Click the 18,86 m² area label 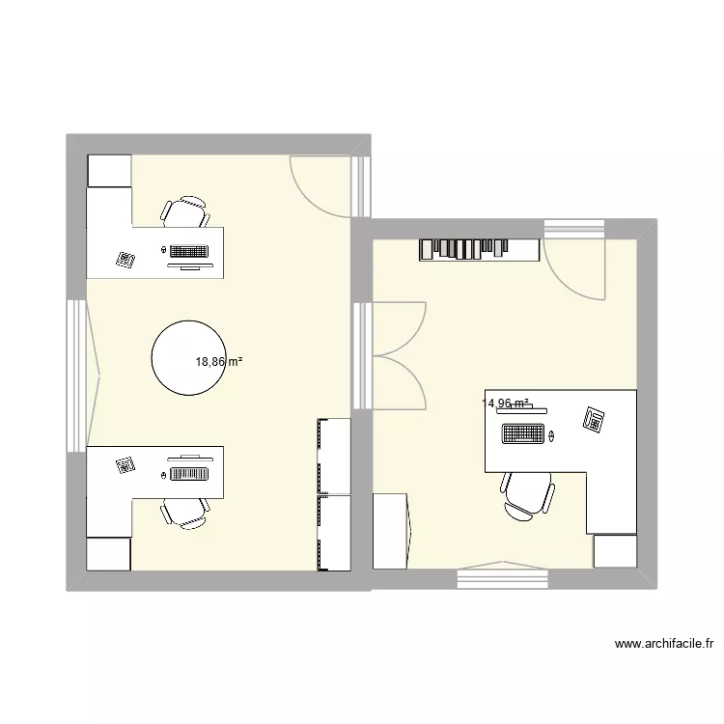pyautogui.click(x=218, y=362)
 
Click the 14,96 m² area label pyautogui.click(x=506, y=404)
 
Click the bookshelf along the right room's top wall pyautogui.click(x=479, y=249)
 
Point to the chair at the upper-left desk pyautogui.click(x=184, y=211)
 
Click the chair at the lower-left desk pyautogui.click(x=184, y=512)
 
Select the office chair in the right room pyautogui.click(x=527, y=494)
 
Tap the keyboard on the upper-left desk pyautogui.click(x=189, y=251)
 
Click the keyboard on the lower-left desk pyautogui.click(x=189, y=473)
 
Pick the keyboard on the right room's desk pyautogui.click(x=521, y=434)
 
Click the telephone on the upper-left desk pyautogui.click(x=125, y=259)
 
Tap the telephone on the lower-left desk pyautogui.click(x=125, y=465)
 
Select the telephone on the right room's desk pyautogui.click(x=593, y=419)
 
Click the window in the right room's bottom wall pyautogui.click(x=501, y=577)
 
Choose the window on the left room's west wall pyautogui.click(x=75, y=374)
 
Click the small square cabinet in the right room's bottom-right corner pyautogui.click(x=615, y=550)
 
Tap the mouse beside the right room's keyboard pyautogui.click(x=552, y=435)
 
